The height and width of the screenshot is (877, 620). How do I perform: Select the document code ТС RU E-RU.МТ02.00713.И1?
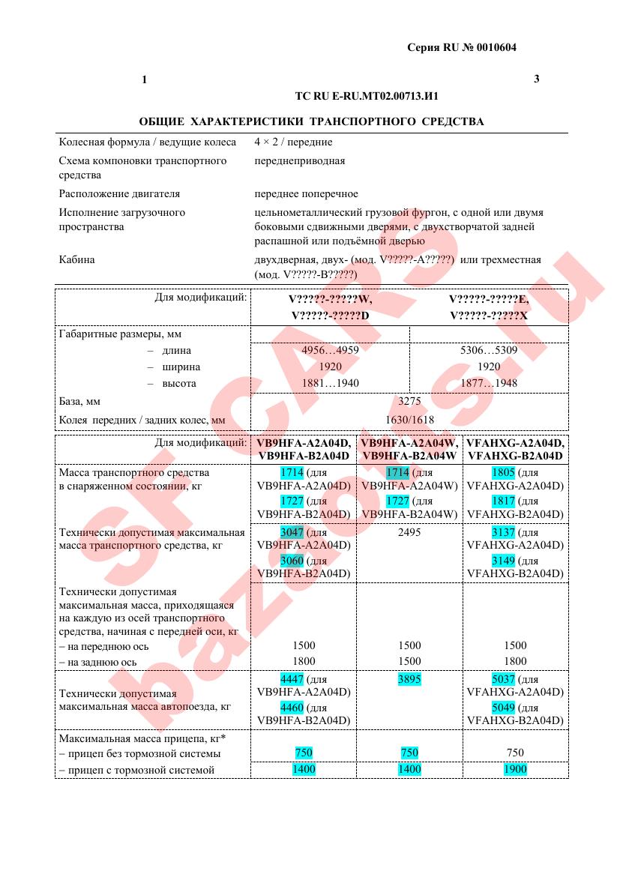click(367, 97)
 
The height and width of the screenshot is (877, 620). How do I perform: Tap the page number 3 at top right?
click(537, 79)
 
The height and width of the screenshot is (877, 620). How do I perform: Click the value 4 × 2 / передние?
click(293, 142)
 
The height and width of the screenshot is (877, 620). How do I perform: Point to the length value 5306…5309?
click(489, 350)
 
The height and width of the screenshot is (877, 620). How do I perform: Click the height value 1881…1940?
click(330, 383)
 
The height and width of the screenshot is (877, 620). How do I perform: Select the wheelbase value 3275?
click(409, 401)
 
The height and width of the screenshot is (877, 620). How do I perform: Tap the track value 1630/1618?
click(409, 421)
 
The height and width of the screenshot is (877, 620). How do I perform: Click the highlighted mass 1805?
click(503, 473)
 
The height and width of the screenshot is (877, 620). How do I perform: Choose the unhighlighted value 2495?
click(409, 532)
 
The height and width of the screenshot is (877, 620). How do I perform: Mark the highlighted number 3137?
click(503, 532)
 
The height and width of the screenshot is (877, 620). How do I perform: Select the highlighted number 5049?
click(503, 707)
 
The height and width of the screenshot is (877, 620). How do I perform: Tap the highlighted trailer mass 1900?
click(515, 769)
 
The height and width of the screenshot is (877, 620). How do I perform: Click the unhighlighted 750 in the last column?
click(515, 753)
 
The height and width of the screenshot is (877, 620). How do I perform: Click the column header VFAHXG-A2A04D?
click(514, 443)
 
